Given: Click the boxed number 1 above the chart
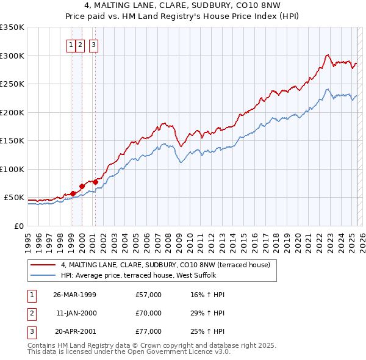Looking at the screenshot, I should [x=71, y=43].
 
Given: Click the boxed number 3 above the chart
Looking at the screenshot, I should [x=94, y=43].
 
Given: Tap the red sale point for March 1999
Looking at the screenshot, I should [x=73, y=193].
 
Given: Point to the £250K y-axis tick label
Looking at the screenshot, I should [x=12, y=84].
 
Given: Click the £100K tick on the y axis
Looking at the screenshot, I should [x=12, y=169].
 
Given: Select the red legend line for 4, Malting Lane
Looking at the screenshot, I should [x=43, y=265].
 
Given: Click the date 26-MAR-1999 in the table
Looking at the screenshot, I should [x=74, y=295].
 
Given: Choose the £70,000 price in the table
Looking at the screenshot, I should [x=149, y=313].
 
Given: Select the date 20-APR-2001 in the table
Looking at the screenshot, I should [x=74, y=331].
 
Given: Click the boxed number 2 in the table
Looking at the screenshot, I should [x=31, y=313].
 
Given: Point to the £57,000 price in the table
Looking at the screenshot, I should [x=149, y=295].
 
